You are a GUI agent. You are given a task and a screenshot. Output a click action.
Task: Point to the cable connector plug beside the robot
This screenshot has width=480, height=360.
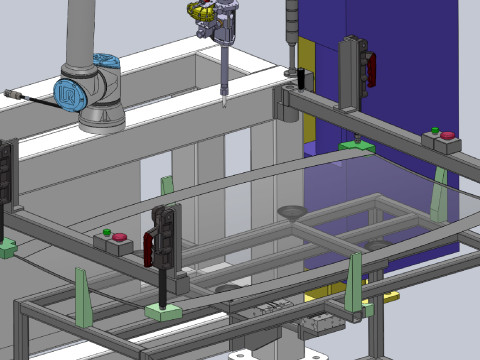coord(12,95)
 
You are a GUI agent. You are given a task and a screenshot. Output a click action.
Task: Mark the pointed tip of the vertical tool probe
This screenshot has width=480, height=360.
coord(225,100)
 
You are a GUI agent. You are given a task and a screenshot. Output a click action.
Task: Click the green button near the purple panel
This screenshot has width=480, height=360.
coord(435,129)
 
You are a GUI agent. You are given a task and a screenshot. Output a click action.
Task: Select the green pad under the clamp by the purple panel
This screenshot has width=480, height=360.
coord(356,147)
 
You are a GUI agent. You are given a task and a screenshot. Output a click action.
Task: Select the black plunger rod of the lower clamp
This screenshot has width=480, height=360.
coord(161,289)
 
